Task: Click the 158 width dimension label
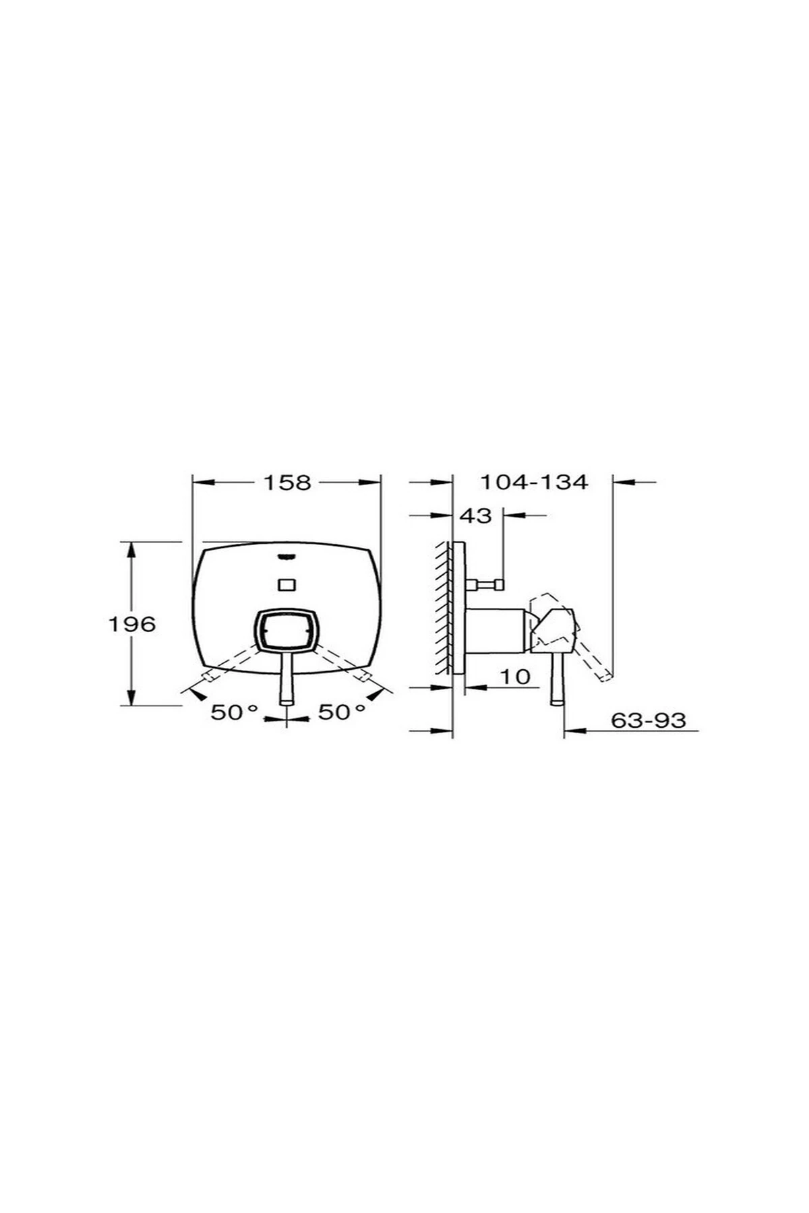point(287,483)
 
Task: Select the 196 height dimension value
point(132,624)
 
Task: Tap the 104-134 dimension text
point(534,483)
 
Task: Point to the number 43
point(476,516)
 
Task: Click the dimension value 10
point(516,677)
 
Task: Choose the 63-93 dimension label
point(649,720)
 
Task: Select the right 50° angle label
point(342,712)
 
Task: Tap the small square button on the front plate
point(287,584)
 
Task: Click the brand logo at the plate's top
point(287,557)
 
